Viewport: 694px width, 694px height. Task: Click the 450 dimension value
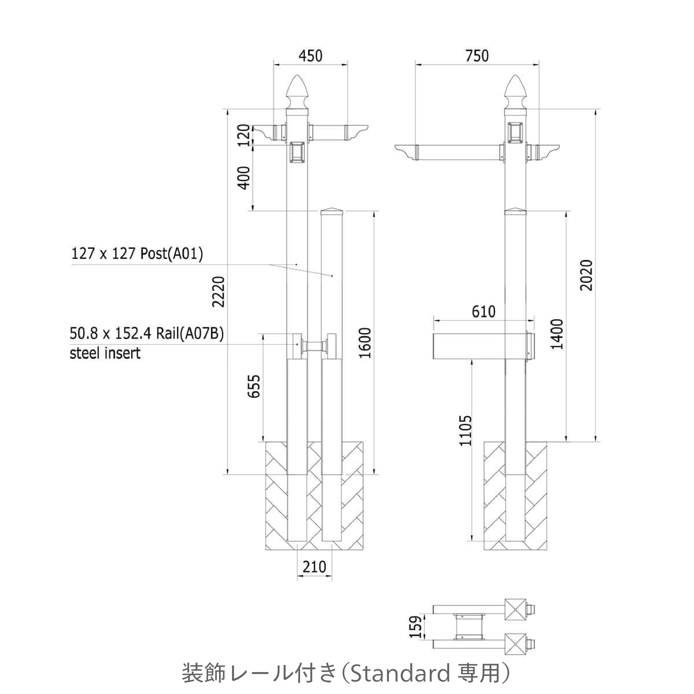pyautogui.click(x=310, y=56)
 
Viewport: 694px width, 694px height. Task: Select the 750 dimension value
pyautogui.click(x=477, y=56)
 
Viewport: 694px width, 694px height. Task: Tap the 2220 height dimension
pyautogui.click(x=218, y=292)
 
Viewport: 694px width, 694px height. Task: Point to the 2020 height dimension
pyautogui.click(x=586, y=275)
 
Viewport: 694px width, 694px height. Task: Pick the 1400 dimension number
pyautogui.click(x=557, y=334)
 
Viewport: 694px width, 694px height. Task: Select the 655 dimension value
pyautogui.click(x=254, y=386)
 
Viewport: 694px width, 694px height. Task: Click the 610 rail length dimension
pyautogui.click(x=484, y=312)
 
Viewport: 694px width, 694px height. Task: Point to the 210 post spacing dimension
pyautogui.click(x=314, y=567)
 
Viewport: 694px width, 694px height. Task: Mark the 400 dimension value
pyautogui.click(x=244, y=178)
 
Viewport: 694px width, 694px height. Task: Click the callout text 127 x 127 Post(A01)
pyautogui.click(x=137, y=254)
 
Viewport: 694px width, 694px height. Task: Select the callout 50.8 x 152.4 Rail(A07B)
pyautogui.click(x=147, y=334)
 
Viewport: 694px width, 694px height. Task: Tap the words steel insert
pyautogui.click(x=105, y=353)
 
